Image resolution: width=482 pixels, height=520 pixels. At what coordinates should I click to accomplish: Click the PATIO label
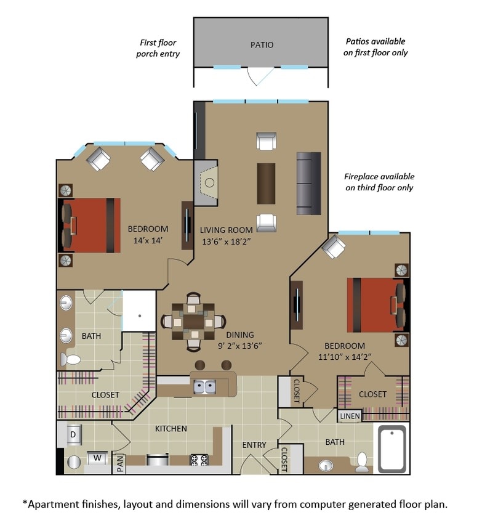pyautogui.click(x=262, y=45)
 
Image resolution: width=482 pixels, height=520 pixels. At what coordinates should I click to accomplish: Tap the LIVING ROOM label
pyautogui.click(x=226, y=230)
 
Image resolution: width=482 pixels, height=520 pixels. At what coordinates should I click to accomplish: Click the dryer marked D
pyautogui.click(x=73, y=435)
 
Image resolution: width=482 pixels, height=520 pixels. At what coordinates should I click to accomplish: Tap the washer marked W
pyautogui.click(x=97, y=458)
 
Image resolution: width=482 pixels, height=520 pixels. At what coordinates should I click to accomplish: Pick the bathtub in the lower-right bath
pyautogui.click(x=392, y=449)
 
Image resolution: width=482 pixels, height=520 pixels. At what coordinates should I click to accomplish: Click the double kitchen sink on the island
pyautogui.click(x=203, y=386)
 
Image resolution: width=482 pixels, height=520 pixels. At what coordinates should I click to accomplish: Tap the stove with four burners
pyautogui.click(x=200, y=459)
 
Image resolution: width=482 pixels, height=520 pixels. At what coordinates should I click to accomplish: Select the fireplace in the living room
pyautogui.click(x=207, y=182)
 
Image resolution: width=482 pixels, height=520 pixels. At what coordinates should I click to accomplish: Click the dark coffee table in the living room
pyautogui.click(x=266, y=183)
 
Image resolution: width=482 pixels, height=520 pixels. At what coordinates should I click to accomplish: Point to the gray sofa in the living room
pyautogui.click(x=308, y=182)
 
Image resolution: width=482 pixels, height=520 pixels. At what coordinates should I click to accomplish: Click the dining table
pyautogui.click(x=193, y=321)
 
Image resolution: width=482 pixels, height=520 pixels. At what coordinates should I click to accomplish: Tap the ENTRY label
pyautogui.click(x=254, y=445)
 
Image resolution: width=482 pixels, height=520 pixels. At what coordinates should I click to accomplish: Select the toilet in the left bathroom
pyautogui.click(x=72, y=359)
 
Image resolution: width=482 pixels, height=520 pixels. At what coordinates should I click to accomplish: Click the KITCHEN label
pyautogui.click(x=171, y=429)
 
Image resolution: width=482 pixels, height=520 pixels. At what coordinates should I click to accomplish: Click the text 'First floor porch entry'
pyautogui.click(x=158, y=48)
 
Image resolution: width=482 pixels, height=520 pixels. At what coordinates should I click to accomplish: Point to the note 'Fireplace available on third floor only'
pyautogui.click(x=379, y=182)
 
